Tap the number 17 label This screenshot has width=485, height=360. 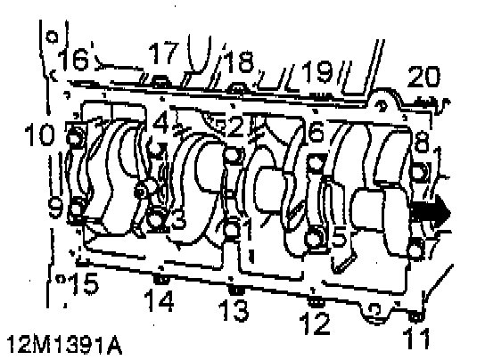164,53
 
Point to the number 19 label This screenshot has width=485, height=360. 317,71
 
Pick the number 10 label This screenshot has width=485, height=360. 40,135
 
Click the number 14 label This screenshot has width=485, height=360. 159,300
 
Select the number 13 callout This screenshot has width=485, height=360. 234,309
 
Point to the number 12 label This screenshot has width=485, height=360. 315,323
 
